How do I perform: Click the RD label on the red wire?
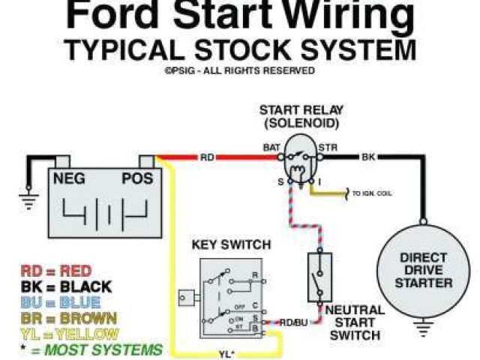[x=208, y=157]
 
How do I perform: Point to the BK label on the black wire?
[x=368, y=157]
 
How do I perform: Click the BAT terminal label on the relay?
[x=271, y=148]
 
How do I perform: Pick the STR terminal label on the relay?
[x=328, y=148]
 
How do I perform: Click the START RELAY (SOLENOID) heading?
[x=299, y=116]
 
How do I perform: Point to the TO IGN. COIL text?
[x=372, y=194]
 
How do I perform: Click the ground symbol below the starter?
[x=425, y=328]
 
